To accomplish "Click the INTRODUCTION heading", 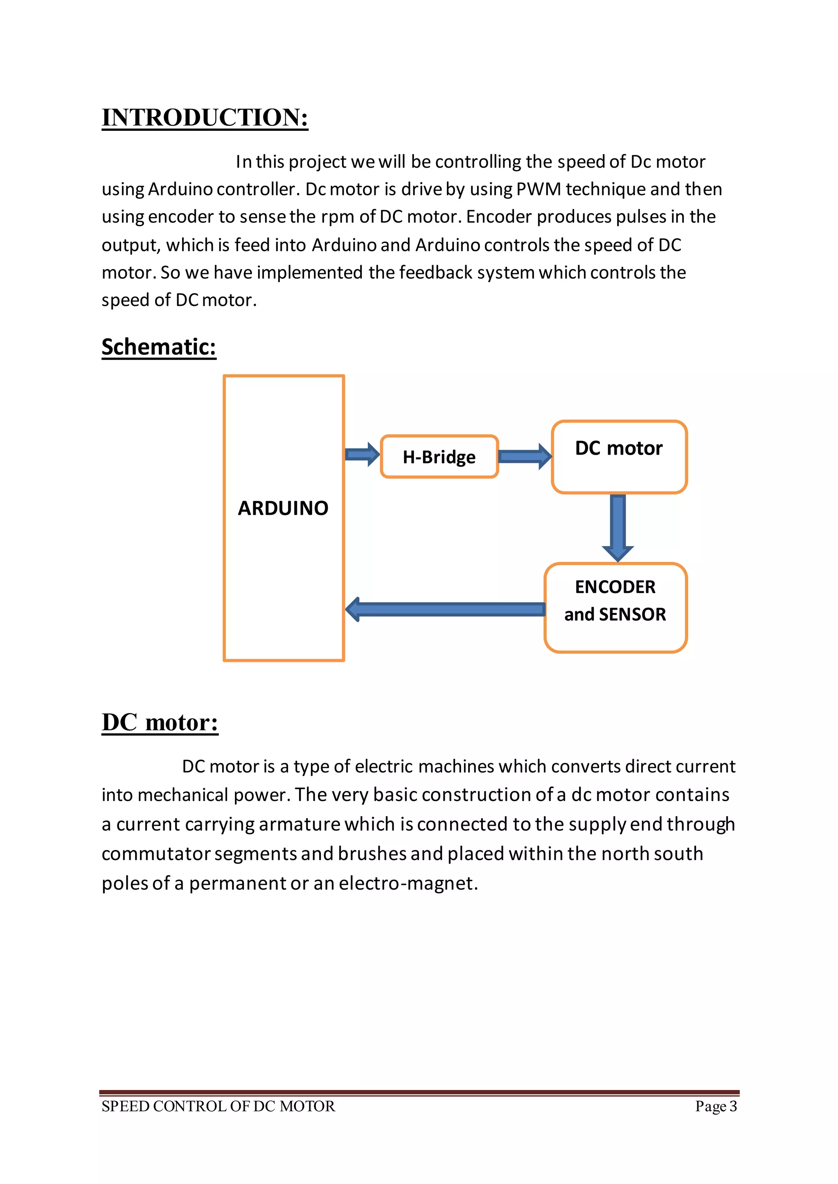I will [x=205, y=118].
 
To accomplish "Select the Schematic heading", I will [x=158, y=347].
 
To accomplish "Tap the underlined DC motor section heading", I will [x=160, y=722].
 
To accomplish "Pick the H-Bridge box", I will [x=439, y=457].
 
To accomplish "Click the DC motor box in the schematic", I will [x=619, y=457].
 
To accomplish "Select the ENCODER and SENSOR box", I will [x=615, y=608].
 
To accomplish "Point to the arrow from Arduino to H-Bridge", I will [x=362, y=454].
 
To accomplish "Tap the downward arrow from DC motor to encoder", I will [x=618, y=526].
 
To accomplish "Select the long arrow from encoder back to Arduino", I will [x=445, y=609].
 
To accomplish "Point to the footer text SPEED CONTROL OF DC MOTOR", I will [x=218, y=1106].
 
